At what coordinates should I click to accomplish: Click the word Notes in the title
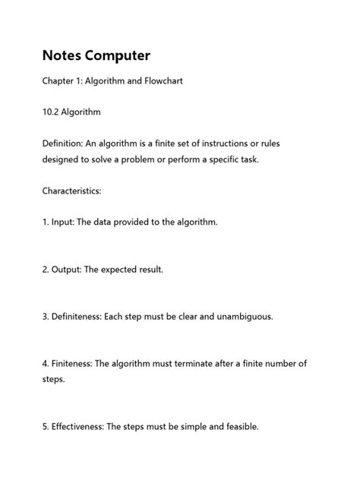[63, 56]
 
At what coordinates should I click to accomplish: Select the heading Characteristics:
[71, 191]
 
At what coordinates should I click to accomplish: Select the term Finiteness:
[74, 363]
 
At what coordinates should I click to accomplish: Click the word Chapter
[60, 81]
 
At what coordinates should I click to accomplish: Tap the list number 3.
[45, 316]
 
